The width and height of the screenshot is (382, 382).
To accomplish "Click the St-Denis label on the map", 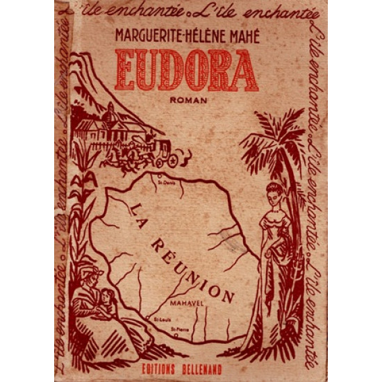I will click(x=166, y=184).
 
